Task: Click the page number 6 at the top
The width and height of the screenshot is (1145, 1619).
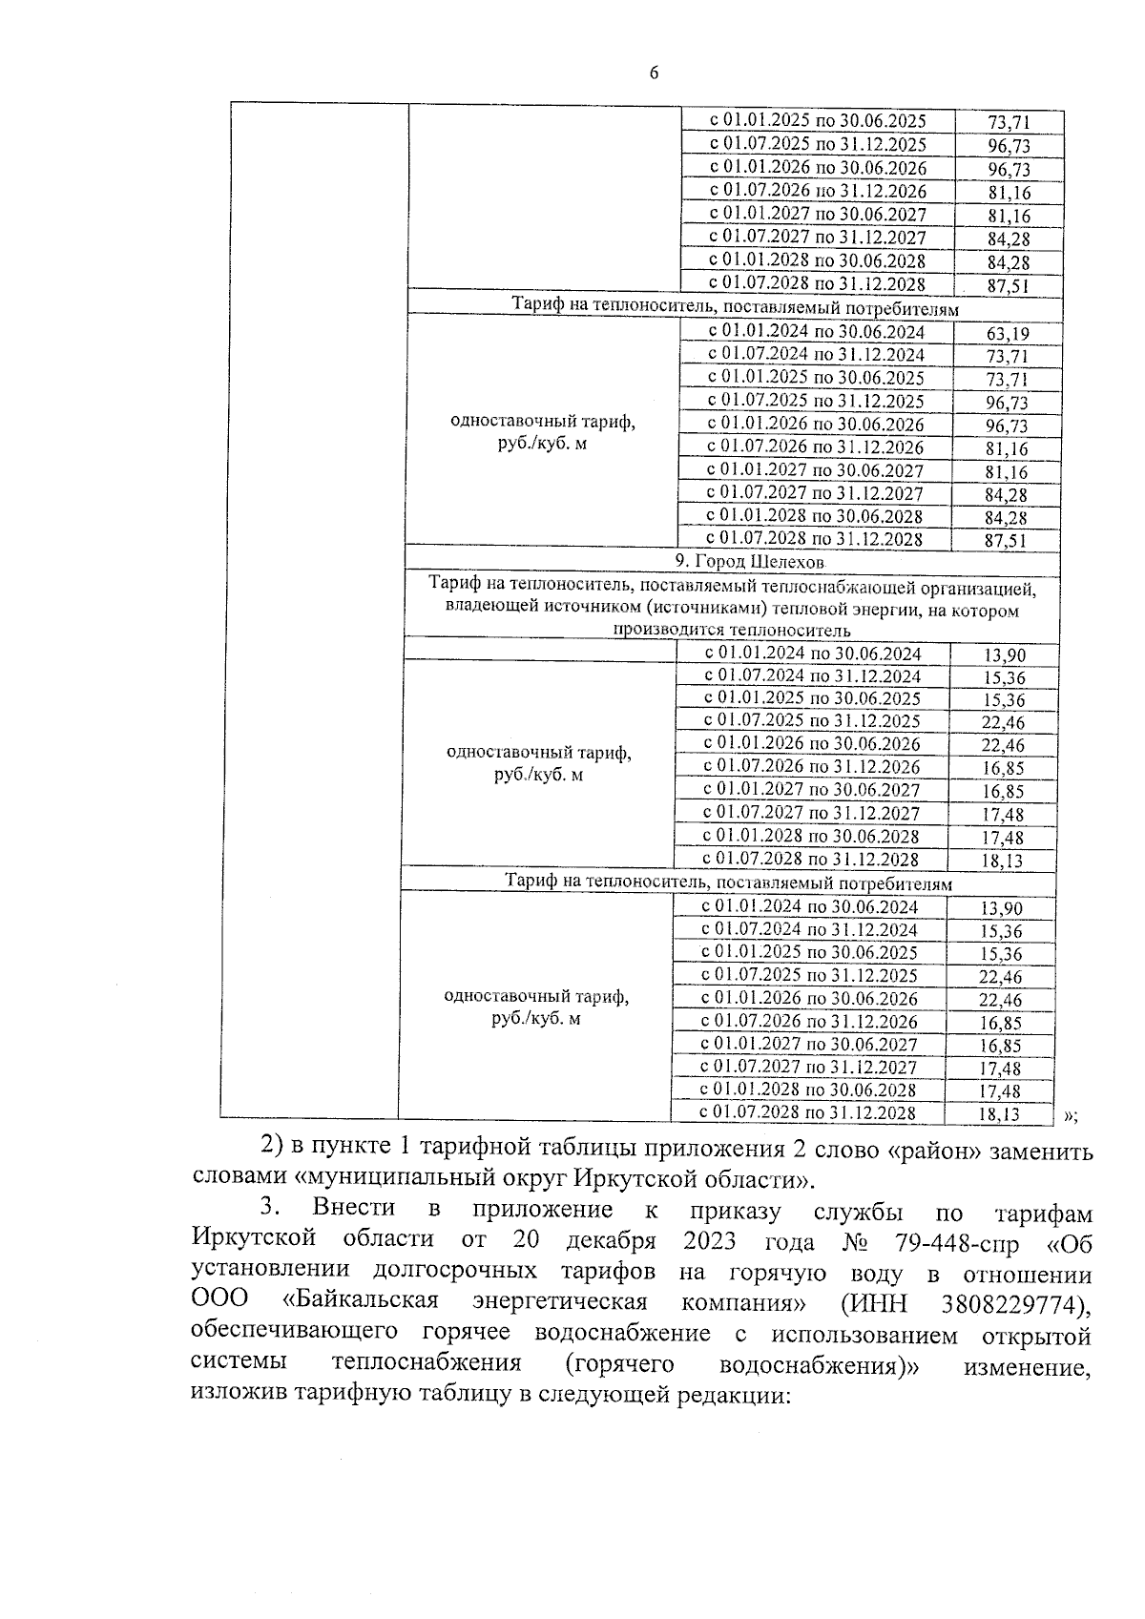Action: tap(654, 73)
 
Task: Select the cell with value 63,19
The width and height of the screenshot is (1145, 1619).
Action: tap(1008, 333)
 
